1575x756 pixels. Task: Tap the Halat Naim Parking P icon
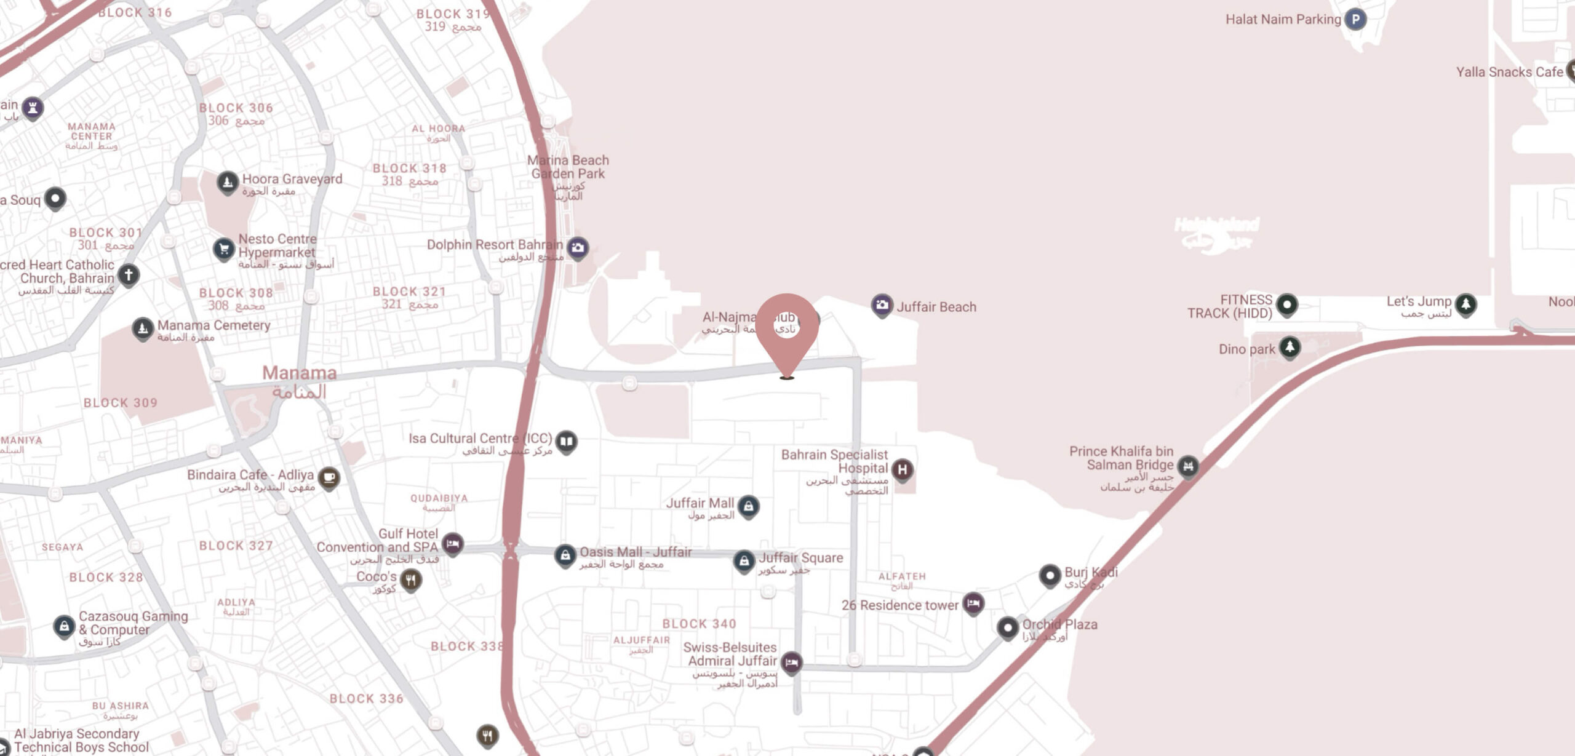click(x=1355, y=19)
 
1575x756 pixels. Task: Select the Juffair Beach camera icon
click(x=882, y=304)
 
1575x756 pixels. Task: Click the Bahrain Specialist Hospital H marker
click(x=902, y=470)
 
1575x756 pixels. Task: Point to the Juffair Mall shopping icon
click(x=748, y=506)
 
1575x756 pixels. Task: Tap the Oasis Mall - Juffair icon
click(x=565, y=555)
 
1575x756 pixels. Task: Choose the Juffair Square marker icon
click(x=744, y=560)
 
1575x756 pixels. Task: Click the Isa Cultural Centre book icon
click(x=566, y=441)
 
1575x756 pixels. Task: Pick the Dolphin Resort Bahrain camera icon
click(x=577, y=247)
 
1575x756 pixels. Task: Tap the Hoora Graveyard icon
click(x=228, y=181)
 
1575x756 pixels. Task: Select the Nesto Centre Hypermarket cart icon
click(x=224, y=249)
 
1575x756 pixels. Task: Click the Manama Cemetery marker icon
click(x=143, y=328)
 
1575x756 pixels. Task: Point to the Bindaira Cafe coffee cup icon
click(x=329, y=477)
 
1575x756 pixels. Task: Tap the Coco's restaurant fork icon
click(x=411, y=579)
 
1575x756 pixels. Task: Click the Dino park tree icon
click(x=1290, y=347)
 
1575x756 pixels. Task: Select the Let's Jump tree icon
click(x=1465, y=303)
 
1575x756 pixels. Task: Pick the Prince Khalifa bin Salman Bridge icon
click(x=1188, y=466)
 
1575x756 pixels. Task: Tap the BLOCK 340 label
click(x=699, y=624)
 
